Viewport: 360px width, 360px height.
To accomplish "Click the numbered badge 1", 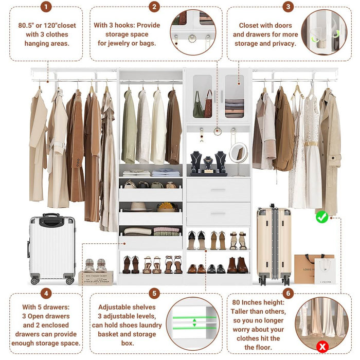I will pyautogui.click(x=46, y=7).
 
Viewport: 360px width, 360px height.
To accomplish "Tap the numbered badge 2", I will pyautogui.click(x=154, y=7).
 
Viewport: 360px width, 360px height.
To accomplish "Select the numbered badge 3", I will pyautogui.click(x=288, y=7).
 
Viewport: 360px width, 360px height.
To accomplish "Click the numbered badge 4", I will pyautogui.click(x=46, y=294).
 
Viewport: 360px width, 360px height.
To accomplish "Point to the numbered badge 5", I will pyautogui.click(x=154, y=294).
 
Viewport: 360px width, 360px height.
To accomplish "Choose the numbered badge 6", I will pyautogui.click(x=288, y=294).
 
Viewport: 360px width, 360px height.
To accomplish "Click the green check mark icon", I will pyautogui.click(x=322, y=217).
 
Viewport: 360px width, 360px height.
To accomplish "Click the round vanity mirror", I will pyautogui.click(x=238, y=153).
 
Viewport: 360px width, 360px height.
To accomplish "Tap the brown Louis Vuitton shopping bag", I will pyautogui.click(x=307, y=267).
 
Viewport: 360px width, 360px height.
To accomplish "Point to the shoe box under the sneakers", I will pyautogui.click(x=96, y=278).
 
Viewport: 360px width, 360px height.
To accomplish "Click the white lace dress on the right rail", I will pyautogui.click(x=312, y=149).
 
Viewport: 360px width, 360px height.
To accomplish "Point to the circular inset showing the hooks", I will pyautogui.click(x=193, y=32).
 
